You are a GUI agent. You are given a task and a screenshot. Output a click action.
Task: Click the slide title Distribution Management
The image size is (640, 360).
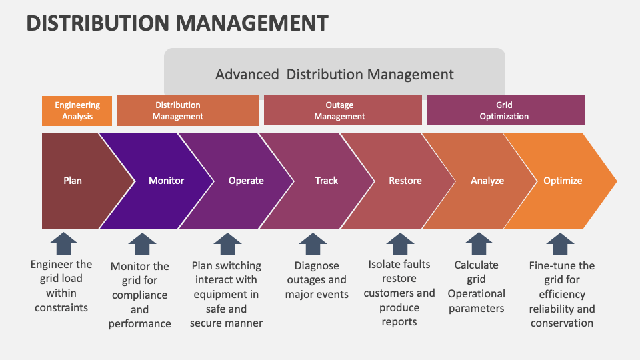pos(177,23)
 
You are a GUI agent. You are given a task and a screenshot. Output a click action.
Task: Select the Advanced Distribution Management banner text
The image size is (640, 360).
pos(334,74)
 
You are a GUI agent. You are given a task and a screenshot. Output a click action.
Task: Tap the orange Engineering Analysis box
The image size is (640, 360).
pos(77,111)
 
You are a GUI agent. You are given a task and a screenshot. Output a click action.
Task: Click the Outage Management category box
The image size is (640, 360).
pos(343,111)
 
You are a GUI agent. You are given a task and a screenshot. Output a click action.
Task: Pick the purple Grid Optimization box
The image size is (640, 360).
pos(505,111)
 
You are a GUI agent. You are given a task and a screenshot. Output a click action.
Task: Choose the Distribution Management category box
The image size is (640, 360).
pos(187,111)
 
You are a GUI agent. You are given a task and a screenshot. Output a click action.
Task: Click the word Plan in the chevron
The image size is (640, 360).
pos(73,181)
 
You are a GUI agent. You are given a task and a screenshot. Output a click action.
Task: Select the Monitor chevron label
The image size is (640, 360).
pos(166,181)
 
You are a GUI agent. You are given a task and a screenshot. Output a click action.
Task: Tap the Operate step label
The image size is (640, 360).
pos(246,181)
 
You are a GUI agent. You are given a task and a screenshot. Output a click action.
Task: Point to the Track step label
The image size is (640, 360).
pos(327,181)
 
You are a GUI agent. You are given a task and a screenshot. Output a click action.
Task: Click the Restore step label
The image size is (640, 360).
pos(405,181)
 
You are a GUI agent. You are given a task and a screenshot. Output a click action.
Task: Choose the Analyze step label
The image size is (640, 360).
pos(487,181)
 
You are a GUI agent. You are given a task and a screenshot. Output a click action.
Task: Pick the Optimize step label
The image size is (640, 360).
pos(563,181)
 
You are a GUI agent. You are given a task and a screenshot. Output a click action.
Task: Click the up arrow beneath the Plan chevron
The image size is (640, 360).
pos(63,244)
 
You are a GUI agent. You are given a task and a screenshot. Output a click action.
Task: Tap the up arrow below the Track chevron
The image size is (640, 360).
pos(313,244)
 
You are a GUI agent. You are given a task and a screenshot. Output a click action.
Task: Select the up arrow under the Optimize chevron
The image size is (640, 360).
pos(560,244)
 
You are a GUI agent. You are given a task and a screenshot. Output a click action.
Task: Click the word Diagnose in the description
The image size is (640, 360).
pos(317,266)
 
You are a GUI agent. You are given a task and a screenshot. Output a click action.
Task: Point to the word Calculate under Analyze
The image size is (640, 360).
pos(476,265)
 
